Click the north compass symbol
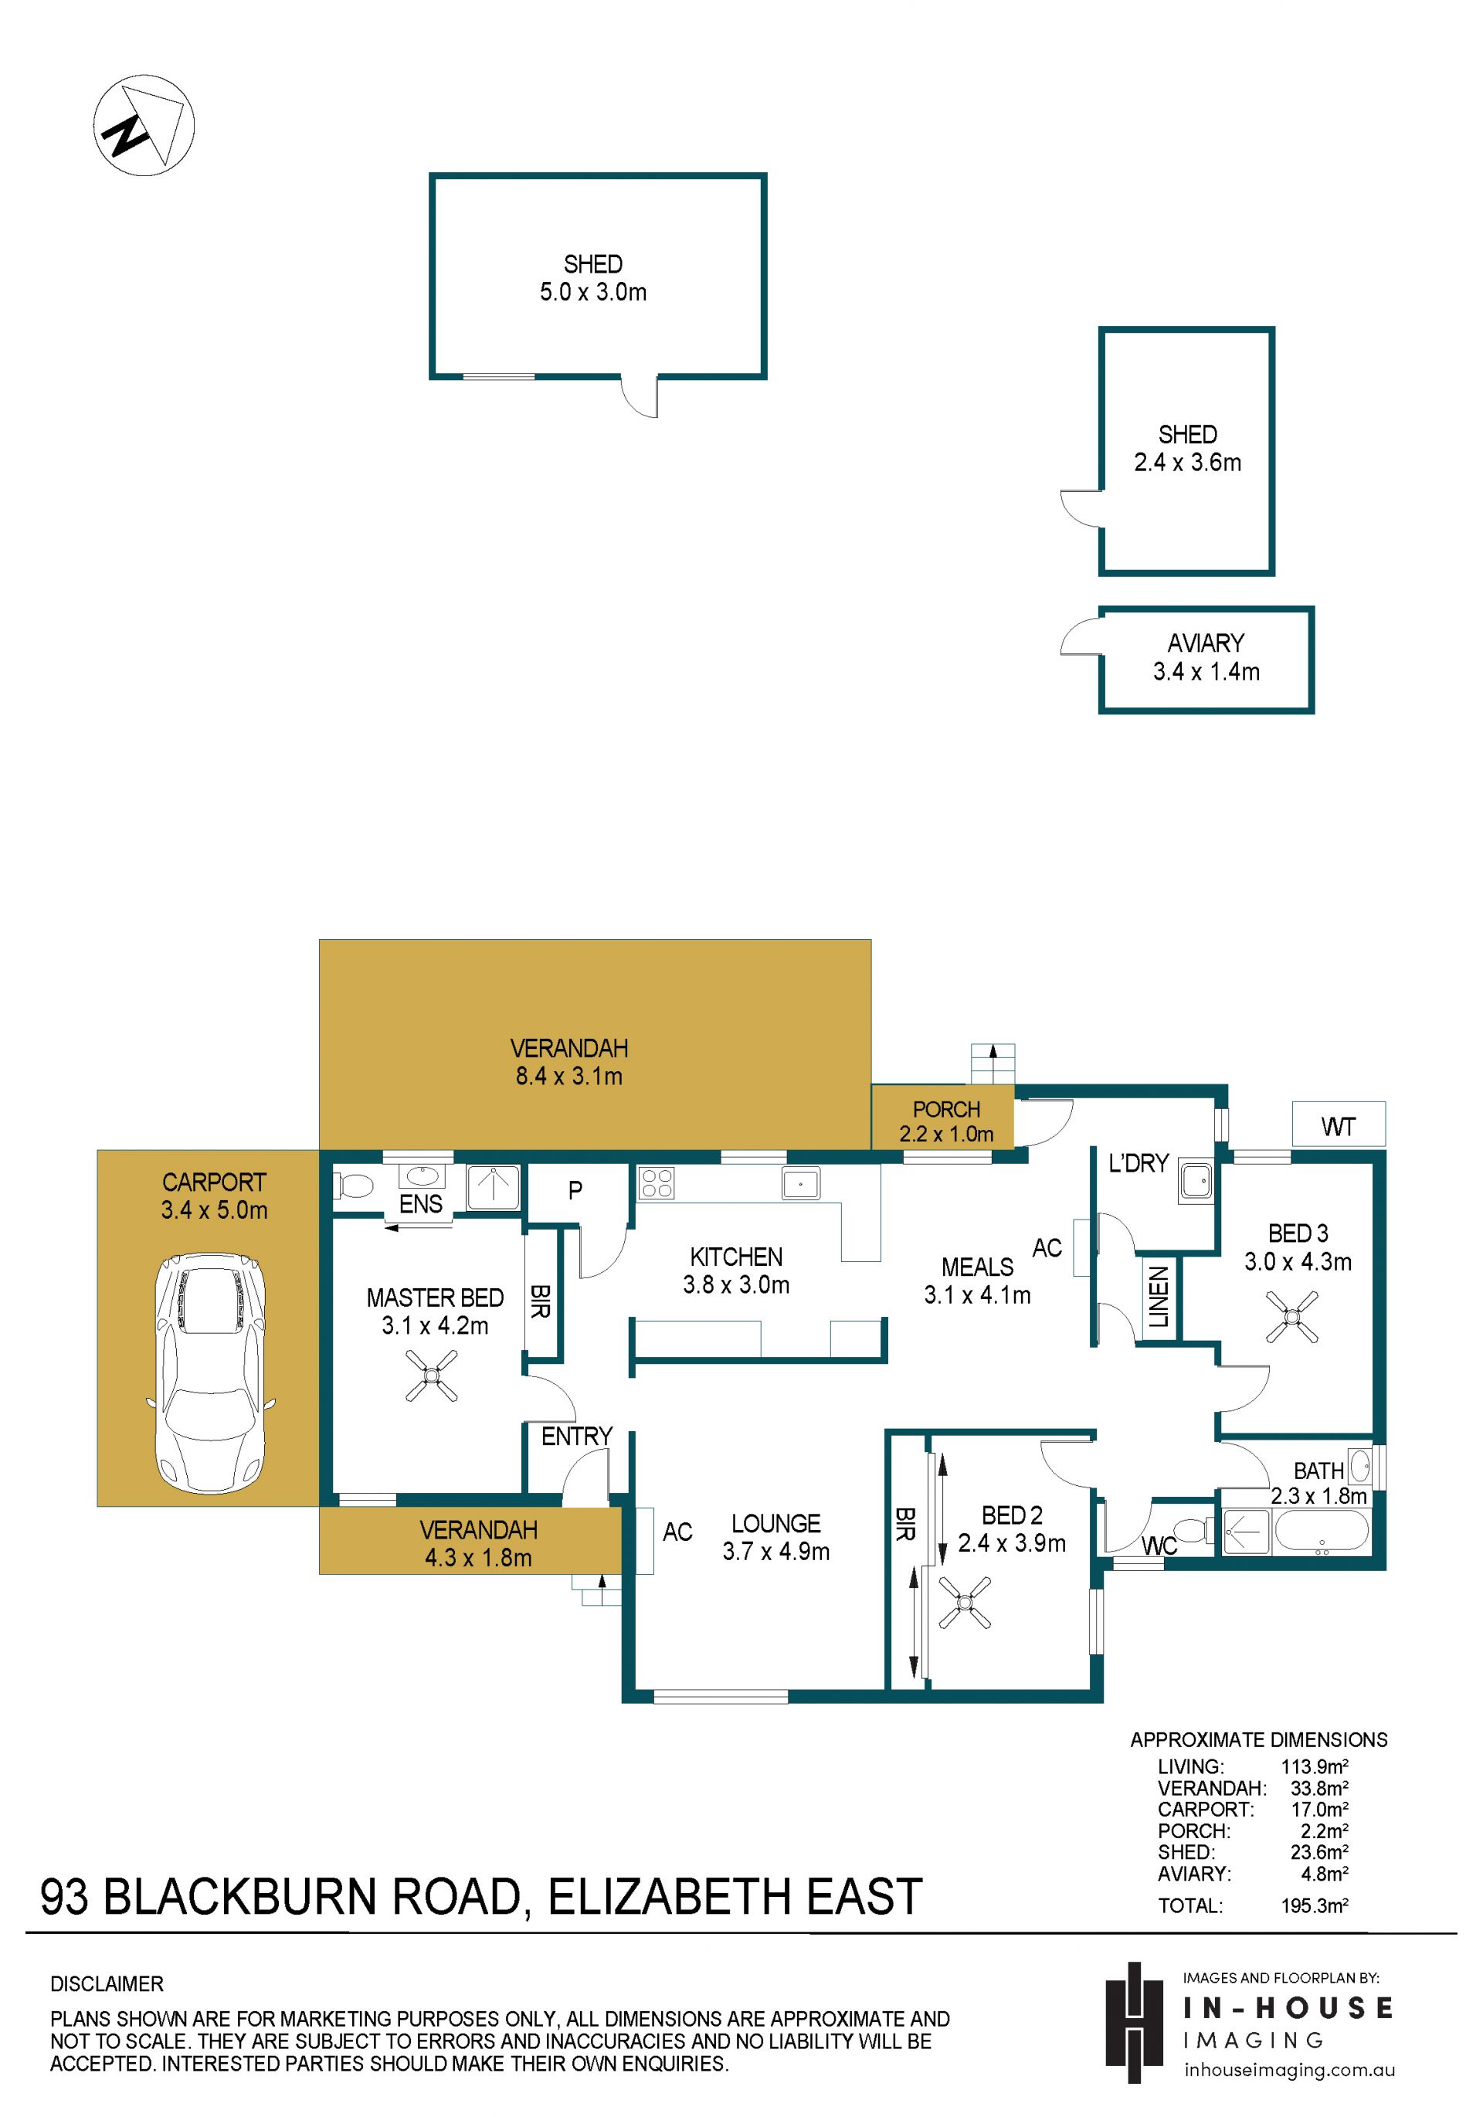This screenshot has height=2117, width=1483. click(144, 125)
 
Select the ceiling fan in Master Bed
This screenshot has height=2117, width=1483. click(432, 1376)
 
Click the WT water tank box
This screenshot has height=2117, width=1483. click(1339, 1124)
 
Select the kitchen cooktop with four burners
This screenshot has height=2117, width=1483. click(656, 1183)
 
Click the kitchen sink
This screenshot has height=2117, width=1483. click(800, 1183)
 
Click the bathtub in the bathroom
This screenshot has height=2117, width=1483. click(1322, 1532)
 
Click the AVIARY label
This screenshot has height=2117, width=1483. click(1206, 643)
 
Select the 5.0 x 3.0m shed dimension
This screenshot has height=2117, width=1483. click(593, 292)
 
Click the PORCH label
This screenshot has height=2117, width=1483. click(946, 1109)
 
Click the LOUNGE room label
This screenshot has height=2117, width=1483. click(775, 1523)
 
